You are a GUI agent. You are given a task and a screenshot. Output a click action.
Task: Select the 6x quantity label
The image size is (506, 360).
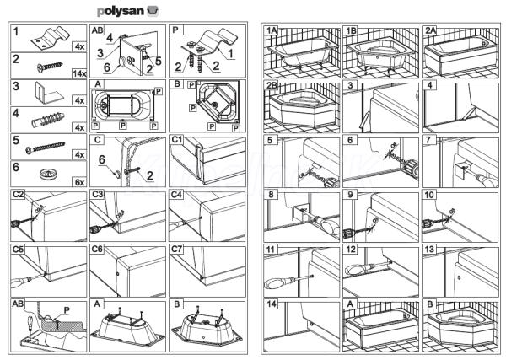tap(78, 182)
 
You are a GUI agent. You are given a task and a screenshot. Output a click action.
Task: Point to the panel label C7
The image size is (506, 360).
tap(177, 250)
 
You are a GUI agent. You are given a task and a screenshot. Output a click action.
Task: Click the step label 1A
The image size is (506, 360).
tap(272, 30)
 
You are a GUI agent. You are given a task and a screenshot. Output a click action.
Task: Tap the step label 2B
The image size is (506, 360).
tap(272, 86)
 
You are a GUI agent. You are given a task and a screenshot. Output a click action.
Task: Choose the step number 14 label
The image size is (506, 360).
tap(271, 304)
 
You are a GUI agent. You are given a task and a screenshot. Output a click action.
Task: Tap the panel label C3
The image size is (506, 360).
tap(98, 195)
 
